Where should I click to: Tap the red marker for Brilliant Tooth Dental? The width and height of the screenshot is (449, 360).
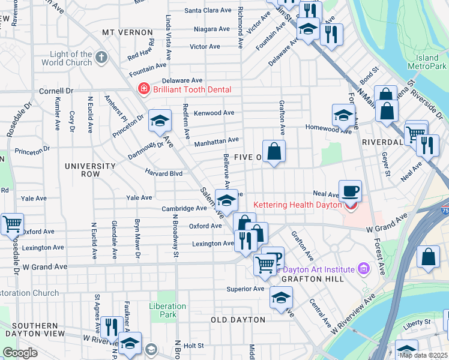[143, 90]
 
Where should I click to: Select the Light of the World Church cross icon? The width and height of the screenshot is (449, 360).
[101, 58]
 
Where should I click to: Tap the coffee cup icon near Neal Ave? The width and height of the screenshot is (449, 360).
[350, 191]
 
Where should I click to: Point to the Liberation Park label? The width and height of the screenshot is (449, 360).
[168, 310]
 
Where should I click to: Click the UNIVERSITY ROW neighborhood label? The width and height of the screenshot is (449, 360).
[90, 170]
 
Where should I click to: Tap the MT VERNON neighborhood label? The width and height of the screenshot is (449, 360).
[124, 32]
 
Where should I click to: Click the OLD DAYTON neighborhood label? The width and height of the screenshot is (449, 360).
[238, 320]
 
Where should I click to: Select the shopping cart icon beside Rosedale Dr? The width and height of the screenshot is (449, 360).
[12, 224]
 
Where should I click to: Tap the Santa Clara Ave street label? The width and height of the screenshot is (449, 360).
[208, 10]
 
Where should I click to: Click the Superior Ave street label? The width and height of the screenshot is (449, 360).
[246, 289]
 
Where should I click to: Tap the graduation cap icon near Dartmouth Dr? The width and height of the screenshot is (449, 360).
[160, 122]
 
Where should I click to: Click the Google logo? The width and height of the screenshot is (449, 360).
[20, 353]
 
